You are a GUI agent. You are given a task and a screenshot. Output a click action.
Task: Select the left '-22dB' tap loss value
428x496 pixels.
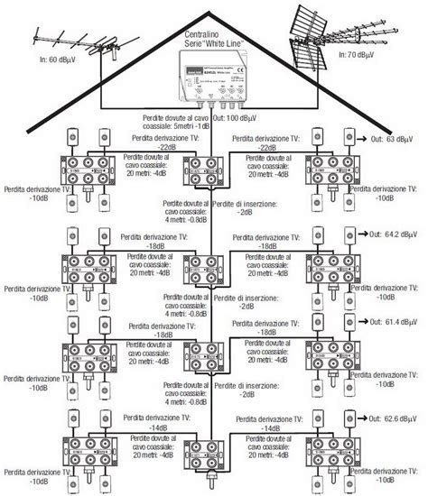click(166, 146)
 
